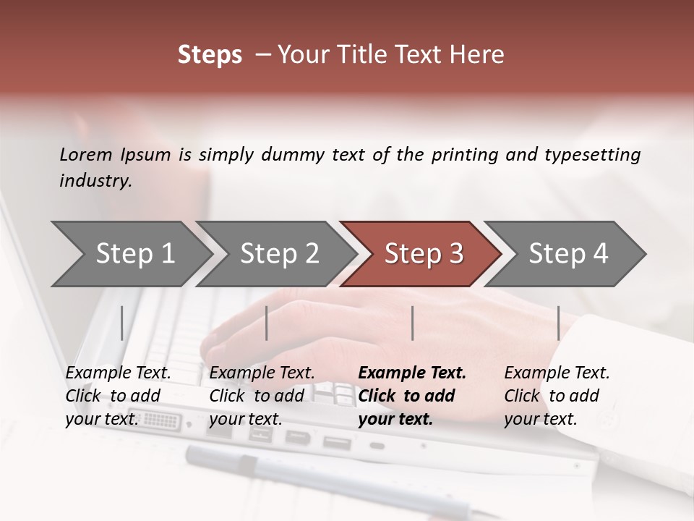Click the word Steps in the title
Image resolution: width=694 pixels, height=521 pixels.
pos(210,55)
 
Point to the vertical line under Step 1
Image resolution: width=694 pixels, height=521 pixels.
pos(122,323)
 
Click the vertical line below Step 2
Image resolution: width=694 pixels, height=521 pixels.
pos(267,323)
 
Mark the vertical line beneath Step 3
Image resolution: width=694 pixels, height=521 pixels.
pos(413,323)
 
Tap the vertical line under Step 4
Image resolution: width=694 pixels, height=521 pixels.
pos(559,323)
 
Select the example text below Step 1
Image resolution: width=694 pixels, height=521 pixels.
pos(118,395)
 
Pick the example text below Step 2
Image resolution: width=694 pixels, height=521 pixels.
pos(262,395)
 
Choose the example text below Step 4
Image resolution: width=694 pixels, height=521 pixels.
pos(557,395)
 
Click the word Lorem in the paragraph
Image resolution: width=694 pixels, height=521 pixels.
pos(86,154)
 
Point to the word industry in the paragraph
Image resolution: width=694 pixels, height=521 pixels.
pos(95,181)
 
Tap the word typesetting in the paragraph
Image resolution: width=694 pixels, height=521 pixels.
pos(592,154)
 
